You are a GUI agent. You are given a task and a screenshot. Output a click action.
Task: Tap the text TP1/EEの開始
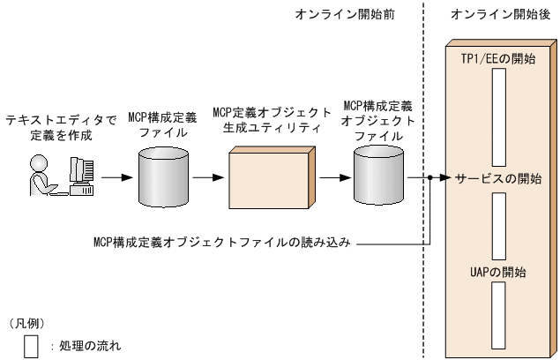498,57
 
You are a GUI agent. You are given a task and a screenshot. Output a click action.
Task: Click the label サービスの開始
498,177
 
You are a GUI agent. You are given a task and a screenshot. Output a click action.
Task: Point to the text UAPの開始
498,272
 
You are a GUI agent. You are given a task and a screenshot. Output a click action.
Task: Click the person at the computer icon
62,176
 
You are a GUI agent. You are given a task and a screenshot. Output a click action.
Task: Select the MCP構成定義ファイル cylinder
164,176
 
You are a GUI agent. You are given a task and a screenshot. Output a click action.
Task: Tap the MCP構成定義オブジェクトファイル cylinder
378,176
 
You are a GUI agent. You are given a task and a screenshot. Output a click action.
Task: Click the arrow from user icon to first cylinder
114,177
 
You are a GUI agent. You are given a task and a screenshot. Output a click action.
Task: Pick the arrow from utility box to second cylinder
332,177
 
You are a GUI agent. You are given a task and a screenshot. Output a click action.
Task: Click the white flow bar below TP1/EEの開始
498,115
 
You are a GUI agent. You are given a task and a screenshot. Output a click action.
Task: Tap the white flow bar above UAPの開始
498,224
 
